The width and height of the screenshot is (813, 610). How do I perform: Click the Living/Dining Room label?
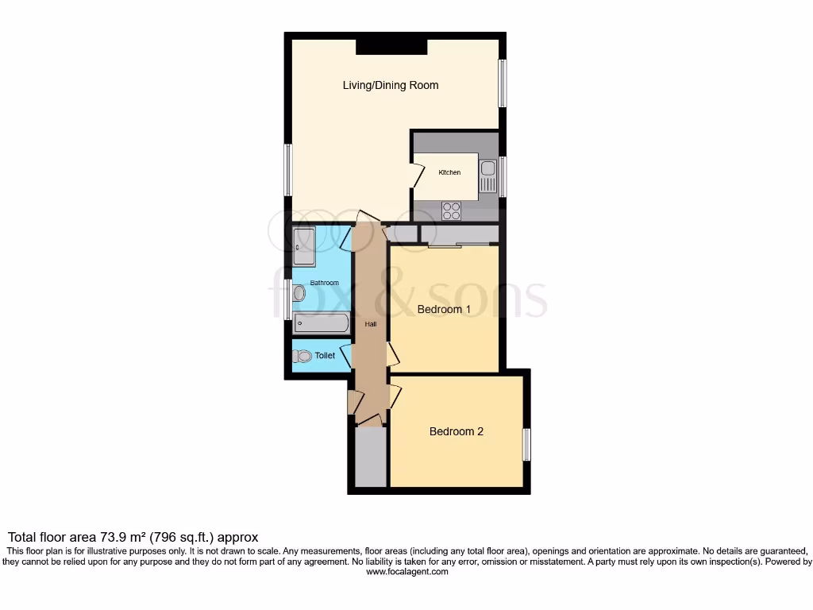pyautogui.click(x=390, y=85)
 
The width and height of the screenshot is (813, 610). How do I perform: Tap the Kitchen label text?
pyautogui.click(x=449, y=172)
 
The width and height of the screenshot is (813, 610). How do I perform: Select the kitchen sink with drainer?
pyautogui.click(x=487, y=176)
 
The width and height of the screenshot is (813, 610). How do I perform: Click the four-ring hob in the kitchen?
pyautogui.click(x=452, y=210)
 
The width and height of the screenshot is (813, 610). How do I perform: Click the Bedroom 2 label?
pyautogui.click(x=456, y=431)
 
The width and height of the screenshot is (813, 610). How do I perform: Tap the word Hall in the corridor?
pyautogui.click(x=370, y=324)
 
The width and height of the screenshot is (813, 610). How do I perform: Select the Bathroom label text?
pyautogui.click(x=324, y=283)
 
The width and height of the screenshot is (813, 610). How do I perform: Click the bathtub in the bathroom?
pyautogui.click(x=321, y=322)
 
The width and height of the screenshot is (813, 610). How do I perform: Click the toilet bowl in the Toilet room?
pyautogui.click(x=302, y=356)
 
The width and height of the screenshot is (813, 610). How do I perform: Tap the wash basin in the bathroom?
pyautogui.click(x=299, y=293)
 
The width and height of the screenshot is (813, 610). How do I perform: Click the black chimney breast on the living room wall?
pyautogui.click(x=391, y=46)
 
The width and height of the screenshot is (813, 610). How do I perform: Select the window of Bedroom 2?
pyautogui.click(x=526, y=444)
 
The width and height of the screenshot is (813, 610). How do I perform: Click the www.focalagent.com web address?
pyautogui.click(x=406, y=571)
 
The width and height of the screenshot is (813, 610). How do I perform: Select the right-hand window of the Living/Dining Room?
pyautogui.click(x=502, y=83)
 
